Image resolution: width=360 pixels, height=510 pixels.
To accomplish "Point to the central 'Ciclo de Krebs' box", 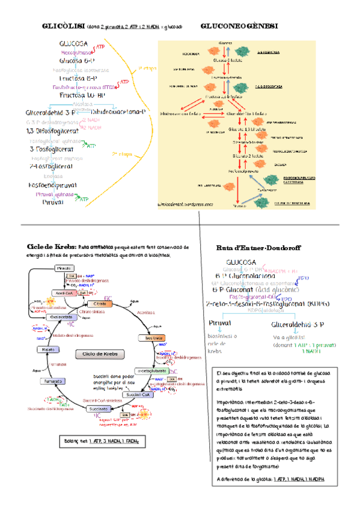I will [x=96, y=354].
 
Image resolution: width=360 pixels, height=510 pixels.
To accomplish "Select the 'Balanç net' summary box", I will [x=102, y=442].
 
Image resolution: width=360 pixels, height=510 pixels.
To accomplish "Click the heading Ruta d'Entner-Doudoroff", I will [x=258, y=248].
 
